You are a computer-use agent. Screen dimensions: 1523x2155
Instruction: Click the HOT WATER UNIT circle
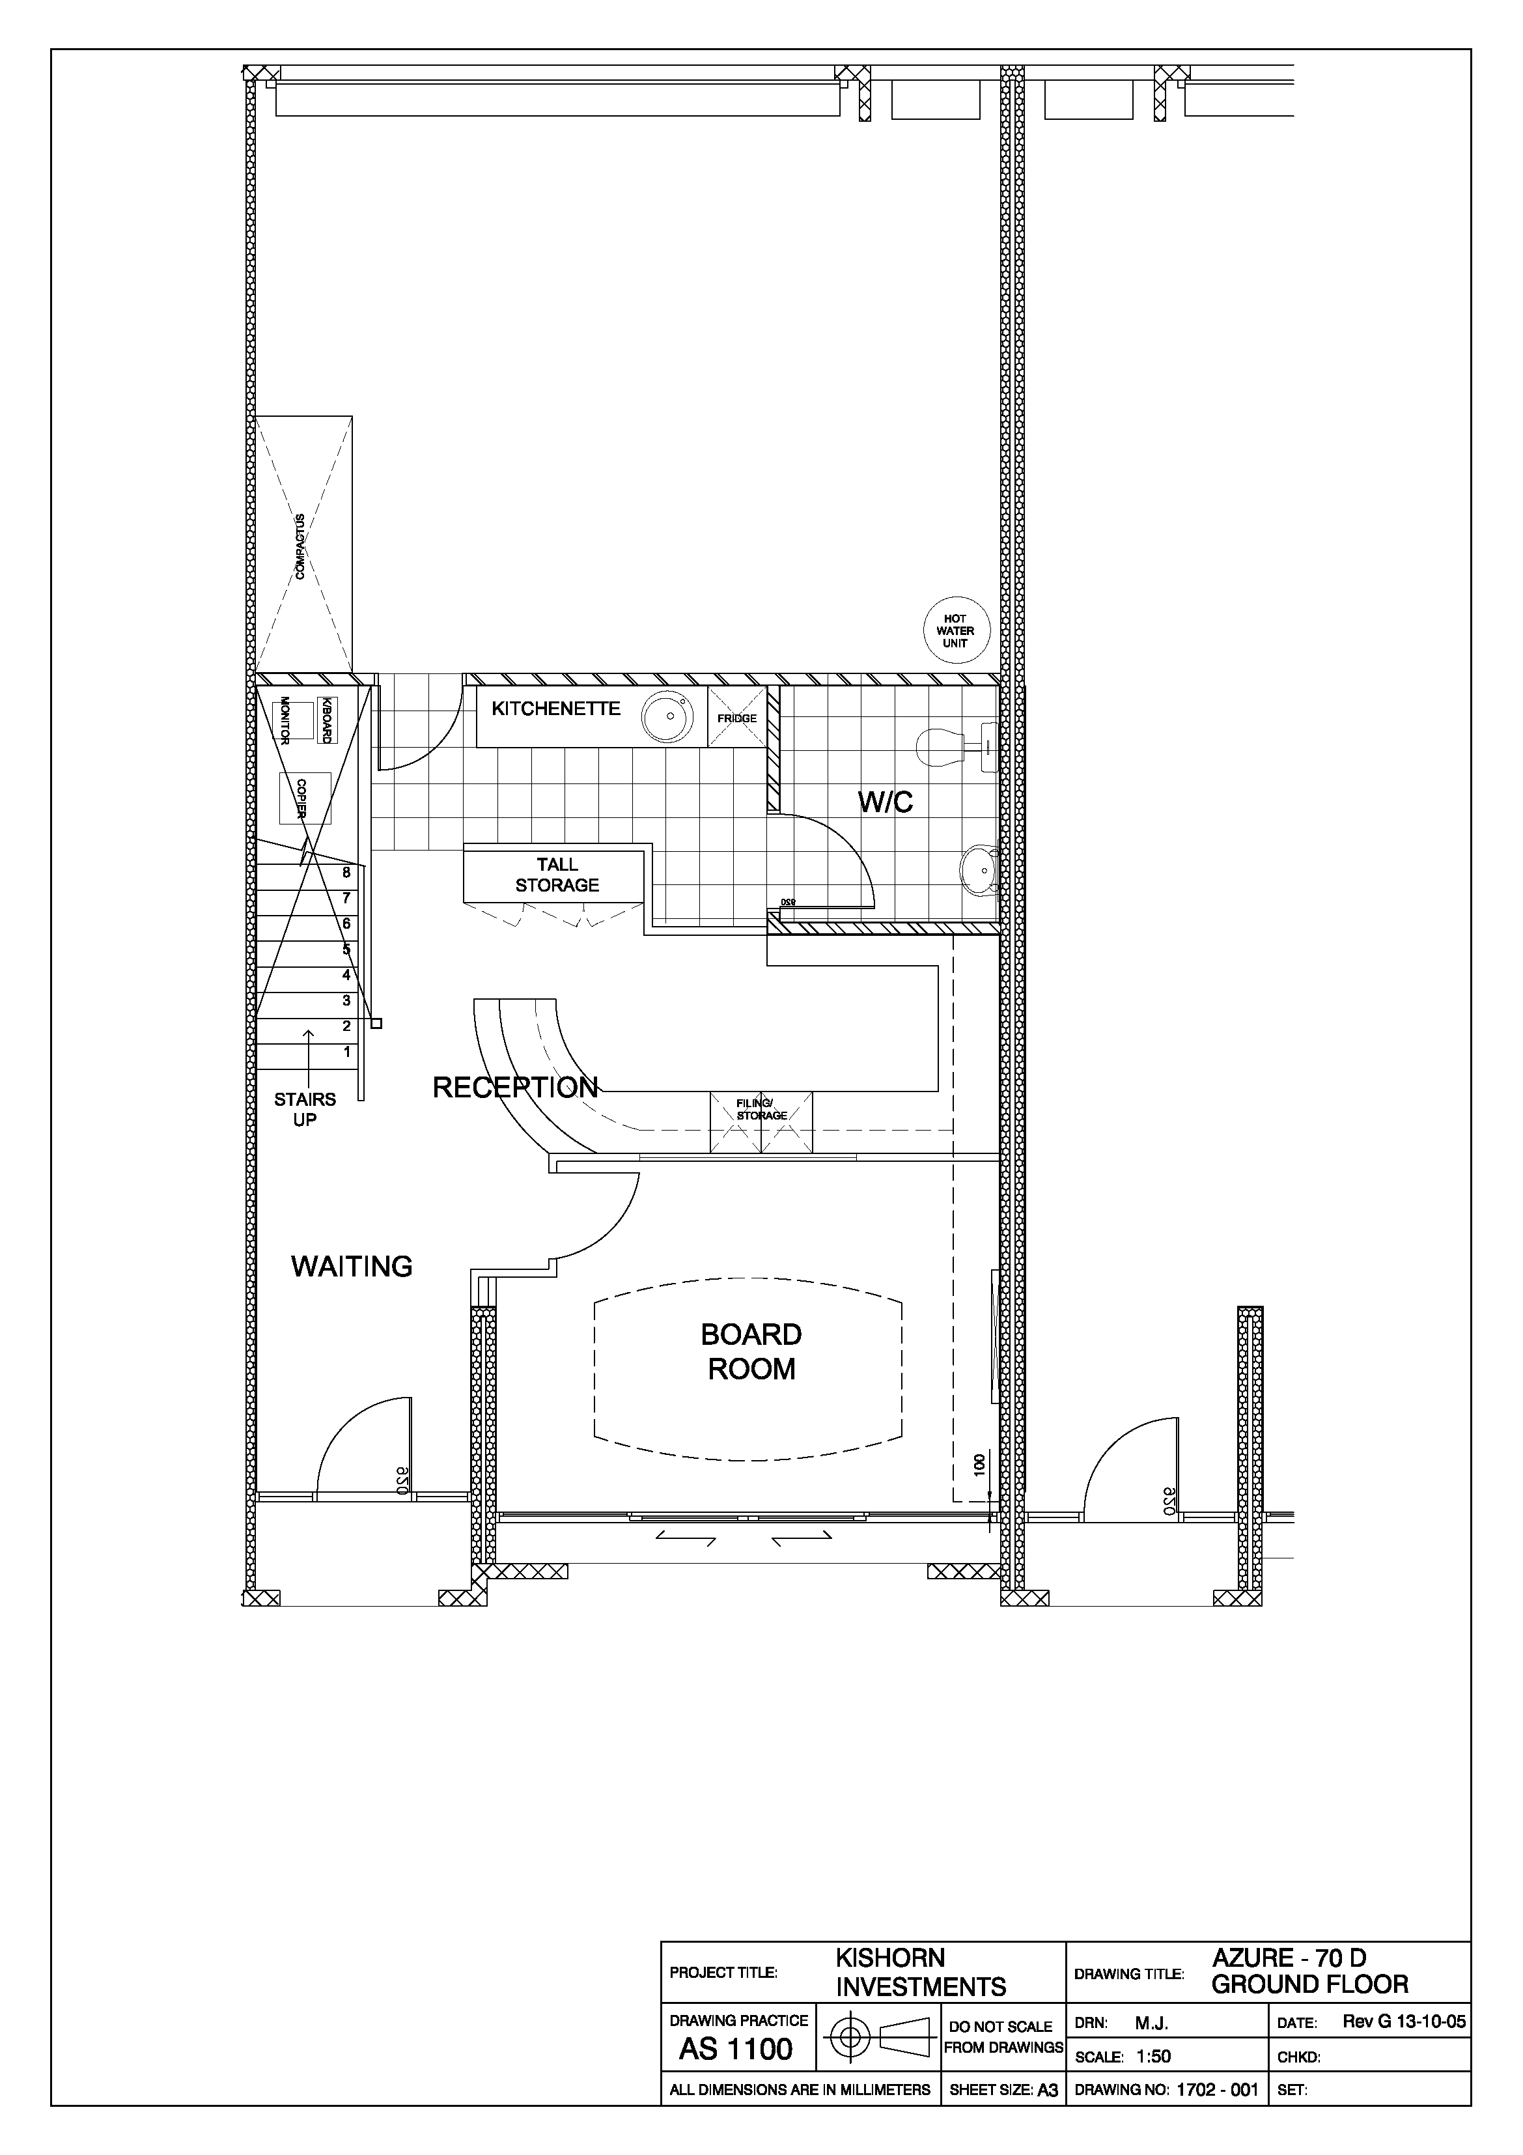click(x=955, y=630)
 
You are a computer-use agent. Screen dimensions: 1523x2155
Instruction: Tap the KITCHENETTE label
click(x=555, y=709)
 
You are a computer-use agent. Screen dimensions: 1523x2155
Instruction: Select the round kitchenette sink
click(x=667, y=716)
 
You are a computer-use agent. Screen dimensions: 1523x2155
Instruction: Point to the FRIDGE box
click(x=736, y=716)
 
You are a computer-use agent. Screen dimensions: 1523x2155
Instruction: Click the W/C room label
click(x=885, y=802)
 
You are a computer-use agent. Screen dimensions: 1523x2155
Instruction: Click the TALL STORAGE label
click(x=557, y=875)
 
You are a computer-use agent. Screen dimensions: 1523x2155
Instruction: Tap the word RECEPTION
click(x=515, y=1087)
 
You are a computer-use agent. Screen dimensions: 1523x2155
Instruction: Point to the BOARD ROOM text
click(x=751, y=1351)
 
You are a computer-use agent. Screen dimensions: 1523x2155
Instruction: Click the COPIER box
click(x=305, y=798)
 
